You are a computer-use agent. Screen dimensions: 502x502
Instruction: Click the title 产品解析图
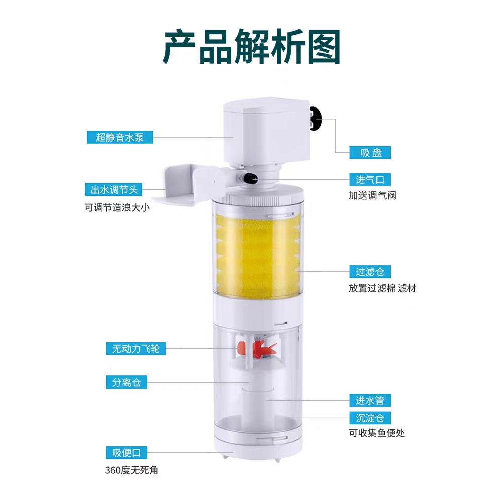pyautogui.click(x=252, y=47)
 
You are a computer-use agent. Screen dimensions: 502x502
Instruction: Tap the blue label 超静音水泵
pyautogui.click(x=120, y=137)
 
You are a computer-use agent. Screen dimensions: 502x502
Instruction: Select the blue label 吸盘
pyautogui.click(x=370, y=153)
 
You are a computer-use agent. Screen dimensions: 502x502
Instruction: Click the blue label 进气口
pyautogui.click(x=370, y=180)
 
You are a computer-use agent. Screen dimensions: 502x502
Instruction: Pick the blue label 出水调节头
pyautogui.click(x=113, y=190)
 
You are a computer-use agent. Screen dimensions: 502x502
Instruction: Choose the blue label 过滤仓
pyautogui.click(x=370, y=272)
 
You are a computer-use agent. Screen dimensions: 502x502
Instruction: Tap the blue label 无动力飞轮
pyautogui.click(x=136, y=349)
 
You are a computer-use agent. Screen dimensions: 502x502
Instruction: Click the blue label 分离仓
pyautogui.click(x=127, y=382)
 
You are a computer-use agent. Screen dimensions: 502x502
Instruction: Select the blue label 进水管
pyautogui.click(x=370, y=400)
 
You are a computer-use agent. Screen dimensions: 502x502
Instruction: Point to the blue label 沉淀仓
pyautogui.click(x=370, y=418)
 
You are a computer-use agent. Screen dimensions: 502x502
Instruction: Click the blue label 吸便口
pyautogui.click(x=127, y=453)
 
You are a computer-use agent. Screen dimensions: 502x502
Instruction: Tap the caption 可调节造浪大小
pyautogui.click(x=117, y=208)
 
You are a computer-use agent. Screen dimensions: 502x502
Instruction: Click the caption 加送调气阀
pyautogui.click(x=372, y=195)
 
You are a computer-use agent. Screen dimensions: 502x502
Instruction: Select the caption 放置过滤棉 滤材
pyautogui.click(x=382, y=288)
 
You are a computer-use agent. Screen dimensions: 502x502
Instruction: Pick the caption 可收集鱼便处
pyautogui.click(x=377, y=433)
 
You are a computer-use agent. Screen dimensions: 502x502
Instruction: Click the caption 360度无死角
pyautogui.click(x=132, y=470)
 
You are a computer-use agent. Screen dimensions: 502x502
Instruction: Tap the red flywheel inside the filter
pyautogui.click(x=258, y=349)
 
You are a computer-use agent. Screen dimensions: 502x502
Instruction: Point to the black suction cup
pyautogui.click(x=315, y=118)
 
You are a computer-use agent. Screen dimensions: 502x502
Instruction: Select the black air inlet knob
pyautogui.click(x=249, y=178)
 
